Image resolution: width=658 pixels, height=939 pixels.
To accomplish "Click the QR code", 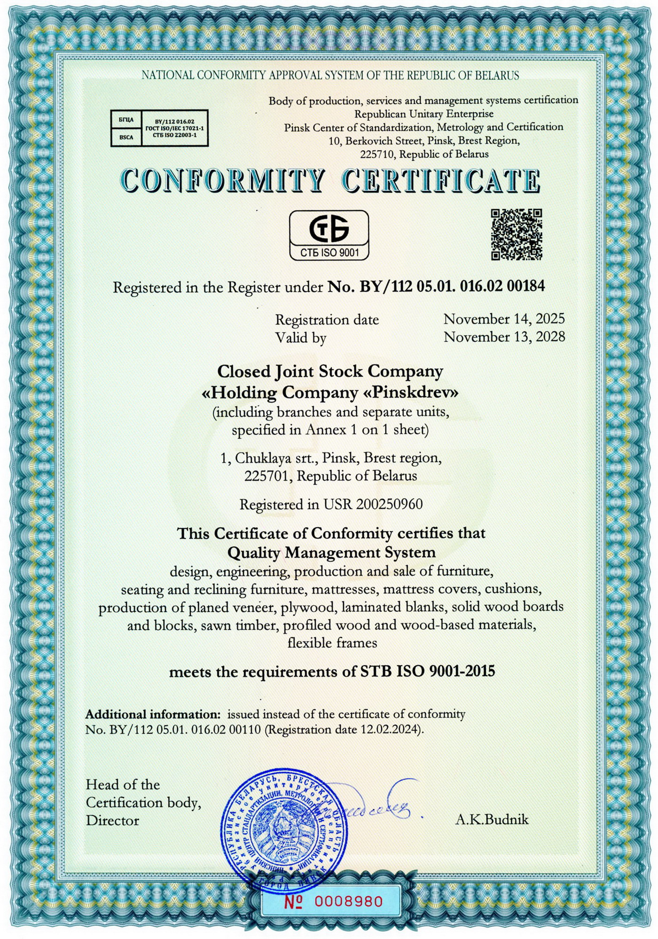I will (x=517, y=234).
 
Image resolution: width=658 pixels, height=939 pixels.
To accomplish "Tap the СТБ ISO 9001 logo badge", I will (x=329, y=235).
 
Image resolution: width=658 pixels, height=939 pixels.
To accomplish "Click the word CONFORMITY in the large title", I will (x=222, y=180).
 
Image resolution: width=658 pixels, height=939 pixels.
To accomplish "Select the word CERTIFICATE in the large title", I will (x=441, y=180).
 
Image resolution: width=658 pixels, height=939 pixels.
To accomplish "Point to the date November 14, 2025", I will (x=504, y=319).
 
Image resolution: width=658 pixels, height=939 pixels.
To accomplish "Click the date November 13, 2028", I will (x=504, y=337).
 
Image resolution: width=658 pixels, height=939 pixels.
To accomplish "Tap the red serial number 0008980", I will (x=348, y=901).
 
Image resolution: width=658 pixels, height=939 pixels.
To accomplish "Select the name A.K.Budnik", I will (x=492, y=820).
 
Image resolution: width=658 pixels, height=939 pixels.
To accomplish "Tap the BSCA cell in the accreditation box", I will (x=126, y=137).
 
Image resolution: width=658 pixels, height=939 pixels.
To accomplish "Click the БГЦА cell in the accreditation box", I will (x=126, y=120).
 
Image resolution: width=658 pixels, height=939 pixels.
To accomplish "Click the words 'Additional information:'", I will (x=153, y=715).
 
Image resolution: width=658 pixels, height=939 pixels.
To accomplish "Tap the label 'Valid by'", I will (x=301, y=338).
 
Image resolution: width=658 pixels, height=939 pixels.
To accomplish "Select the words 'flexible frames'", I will (x=332, y=643).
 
